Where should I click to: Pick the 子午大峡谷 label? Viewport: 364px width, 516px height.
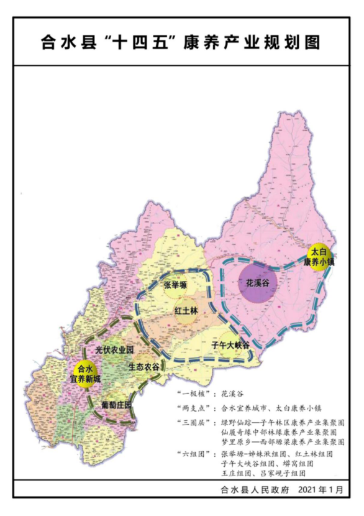230,344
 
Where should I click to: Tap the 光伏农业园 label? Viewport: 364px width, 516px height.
115,351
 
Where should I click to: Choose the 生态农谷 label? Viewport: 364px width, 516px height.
143,367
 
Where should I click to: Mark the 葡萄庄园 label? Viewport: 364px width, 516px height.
116,405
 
